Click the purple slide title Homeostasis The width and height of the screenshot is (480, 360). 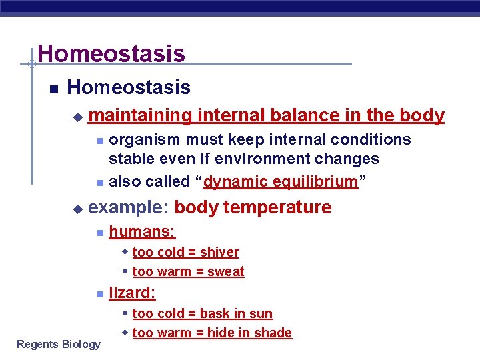point(111,53)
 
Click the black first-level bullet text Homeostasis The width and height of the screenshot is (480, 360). point(129,87)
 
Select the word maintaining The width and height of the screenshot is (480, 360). point(139,115)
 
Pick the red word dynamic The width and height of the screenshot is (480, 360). point(235,181)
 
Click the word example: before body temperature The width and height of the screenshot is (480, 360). point(128,207)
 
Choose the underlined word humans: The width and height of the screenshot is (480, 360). point(142,231)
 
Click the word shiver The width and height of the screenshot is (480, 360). point(219,252)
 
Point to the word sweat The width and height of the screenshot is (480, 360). point(226,271)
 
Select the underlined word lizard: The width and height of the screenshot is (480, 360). point(132,292)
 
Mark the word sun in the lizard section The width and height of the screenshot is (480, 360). point(261,313)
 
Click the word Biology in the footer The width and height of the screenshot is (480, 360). point(81,344)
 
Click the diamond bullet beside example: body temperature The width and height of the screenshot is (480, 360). point(77,209)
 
